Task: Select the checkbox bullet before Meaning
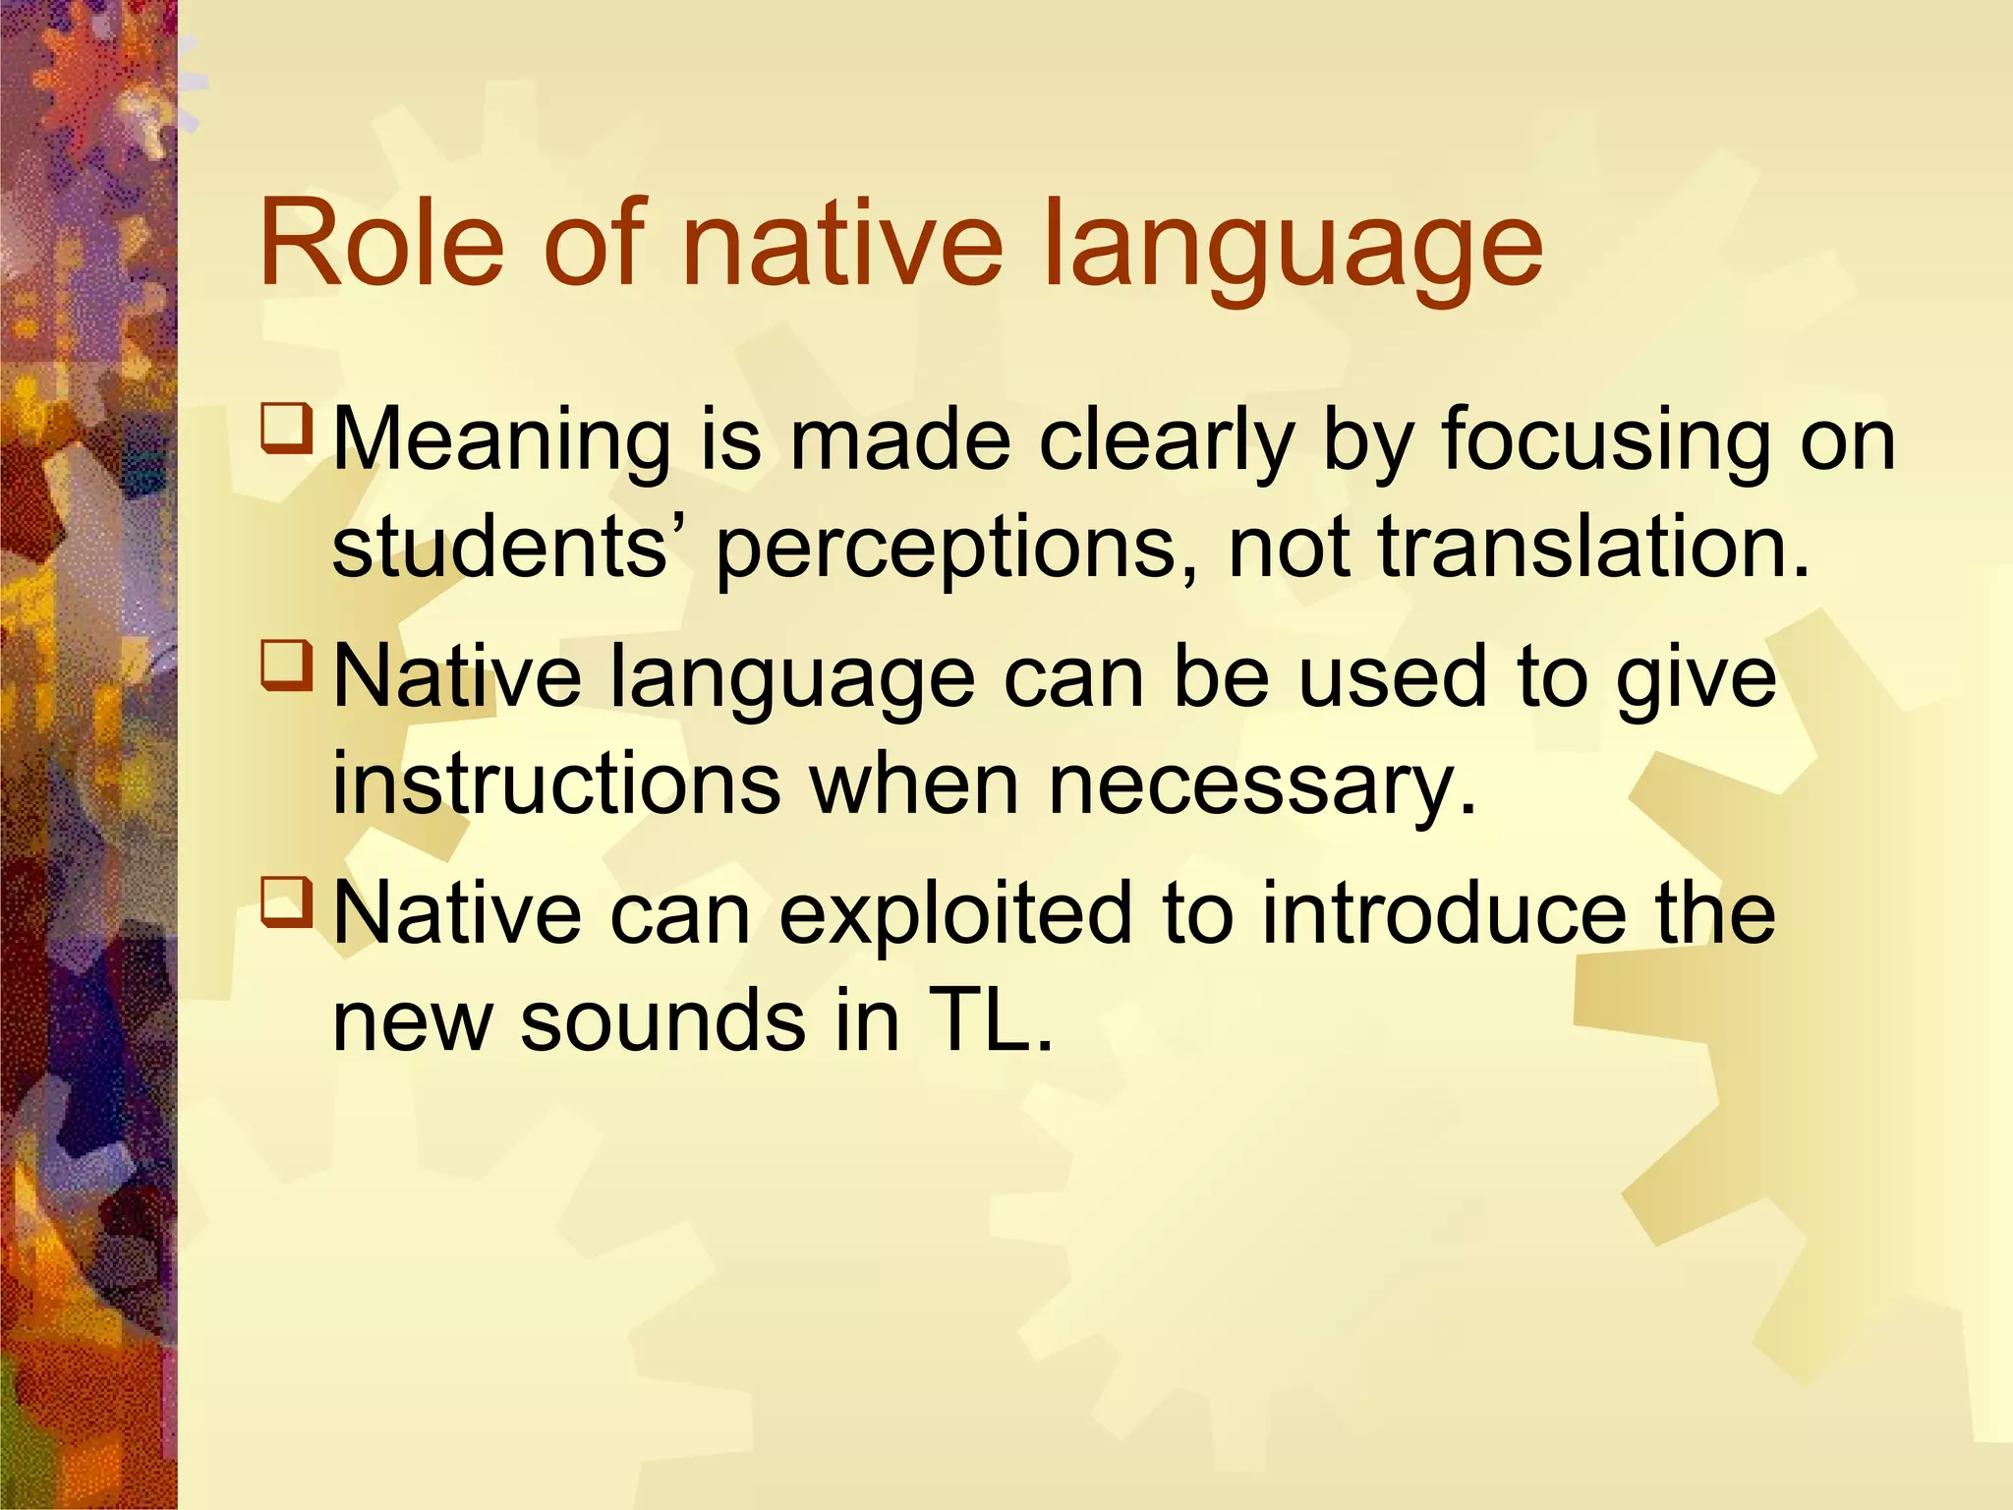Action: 287,429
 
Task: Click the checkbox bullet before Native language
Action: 287,666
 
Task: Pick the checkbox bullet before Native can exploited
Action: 287,902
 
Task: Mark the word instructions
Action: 556,784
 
